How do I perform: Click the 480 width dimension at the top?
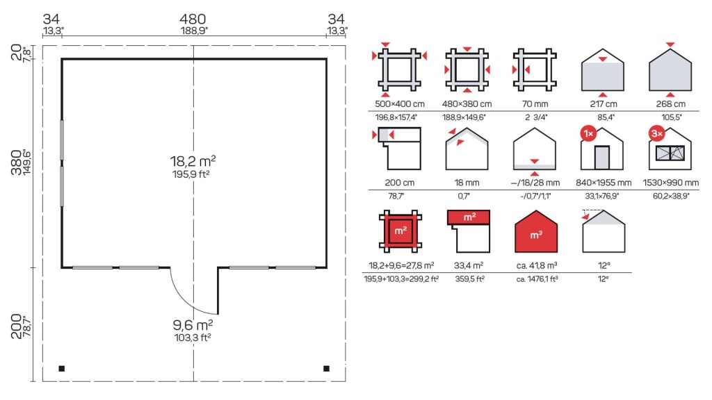(x=193, y=19)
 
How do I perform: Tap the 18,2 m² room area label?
(x=193, y=161)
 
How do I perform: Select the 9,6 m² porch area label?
(x=193, y=325)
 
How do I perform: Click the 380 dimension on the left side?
(x=17, y=162)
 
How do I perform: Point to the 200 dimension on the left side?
(x=17, y=326)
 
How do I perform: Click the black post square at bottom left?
(x=62, y=369)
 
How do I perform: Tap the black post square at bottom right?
(x=327, y=369)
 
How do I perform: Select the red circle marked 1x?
(x=588, y=133)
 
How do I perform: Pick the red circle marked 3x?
(x=657, y=133)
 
